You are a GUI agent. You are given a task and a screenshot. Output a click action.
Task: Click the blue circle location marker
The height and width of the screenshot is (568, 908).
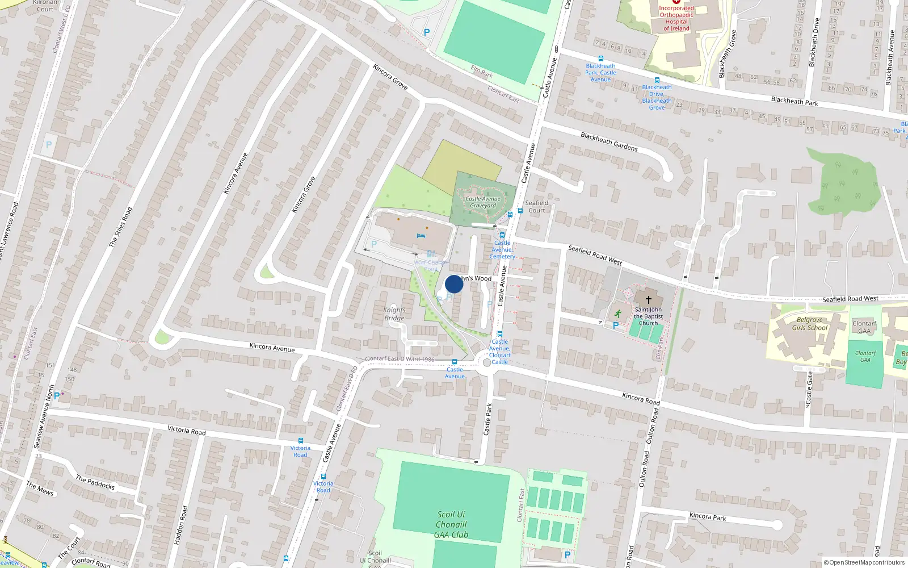tap(453, 284)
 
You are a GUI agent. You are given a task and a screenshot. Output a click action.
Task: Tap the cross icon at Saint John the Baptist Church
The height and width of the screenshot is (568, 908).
tap(648, 299)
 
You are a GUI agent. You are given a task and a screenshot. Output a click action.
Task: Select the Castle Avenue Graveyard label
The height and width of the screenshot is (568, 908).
tap(483, 202)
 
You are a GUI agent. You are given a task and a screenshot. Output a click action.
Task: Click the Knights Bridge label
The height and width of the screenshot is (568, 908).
tap(394, 314)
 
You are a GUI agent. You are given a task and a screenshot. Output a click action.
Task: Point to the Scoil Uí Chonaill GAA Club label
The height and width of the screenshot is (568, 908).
tap(451, 524)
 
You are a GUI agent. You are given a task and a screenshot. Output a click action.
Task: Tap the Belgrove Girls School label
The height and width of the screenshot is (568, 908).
tap(810, 324)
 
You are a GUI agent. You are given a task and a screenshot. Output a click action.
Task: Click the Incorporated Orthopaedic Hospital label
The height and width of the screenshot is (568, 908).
tap(676, 18)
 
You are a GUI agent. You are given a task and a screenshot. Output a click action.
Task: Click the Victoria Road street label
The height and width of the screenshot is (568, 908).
tap(187, 430)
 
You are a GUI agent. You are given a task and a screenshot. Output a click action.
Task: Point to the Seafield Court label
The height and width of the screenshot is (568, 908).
tap(537, 206)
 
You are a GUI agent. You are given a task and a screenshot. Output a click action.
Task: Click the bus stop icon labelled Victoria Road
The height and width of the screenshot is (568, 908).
tap(301, 441)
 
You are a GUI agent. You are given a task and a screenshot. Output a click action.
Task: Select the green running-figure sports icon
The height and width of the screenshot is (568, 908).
tap(617, 314)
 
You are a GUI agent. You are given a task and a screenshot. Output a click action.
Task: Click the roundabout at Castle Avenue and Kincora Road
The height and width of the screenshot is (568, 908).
tap(486, 362)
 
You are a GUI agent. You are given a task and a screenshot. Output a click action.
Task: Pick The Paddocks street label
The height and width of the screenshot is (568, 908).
tap(95, 483)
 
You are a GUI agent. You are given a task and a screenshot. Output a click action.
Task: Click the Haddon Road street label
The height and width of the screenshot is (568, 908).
tap(180, 525)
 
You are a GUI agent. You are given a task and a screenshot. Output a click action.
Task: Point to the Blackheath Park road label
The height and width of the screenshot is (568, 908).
tap(794, 101)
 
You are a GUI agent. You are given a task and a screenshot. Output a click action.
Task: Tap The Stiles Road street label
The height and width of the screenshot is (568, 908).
tap(120, 227)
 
